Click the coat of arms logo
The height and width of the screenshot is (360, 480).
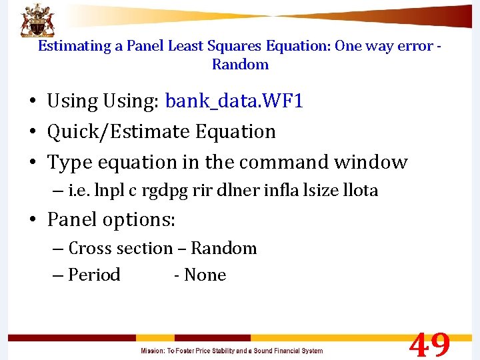(x=37, y=20)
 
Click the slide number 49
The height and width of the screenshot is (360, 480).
(x=429, y=345)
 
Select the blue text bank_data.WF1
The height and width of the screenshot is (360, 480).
(x=234, y=101)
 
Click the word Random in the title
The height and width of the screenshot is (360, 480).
(x=240, y=65)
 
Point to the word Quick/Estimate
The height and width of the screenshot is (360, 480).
(x=105, y=131)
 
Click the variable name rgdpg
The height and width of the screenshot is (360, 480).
(x=164, y=191)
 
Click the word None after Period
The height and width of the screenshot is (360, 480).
(x=205, y=275)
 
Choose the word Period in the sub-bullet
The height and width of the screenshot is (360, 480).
(x=94, y=275)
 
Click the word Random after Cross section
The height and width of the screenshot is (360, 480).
(x=223, y=248)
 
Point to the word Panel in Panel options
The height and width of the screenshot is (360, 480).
(x=72, y=219)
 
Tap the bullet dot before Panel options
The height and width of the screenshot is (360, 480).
(x=32, y=220)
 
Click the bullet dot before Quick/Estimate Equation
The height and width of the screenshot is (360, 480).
(x=32, y=132)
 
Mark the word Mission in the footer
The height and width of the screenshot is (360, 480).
(x=153, y=351)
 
